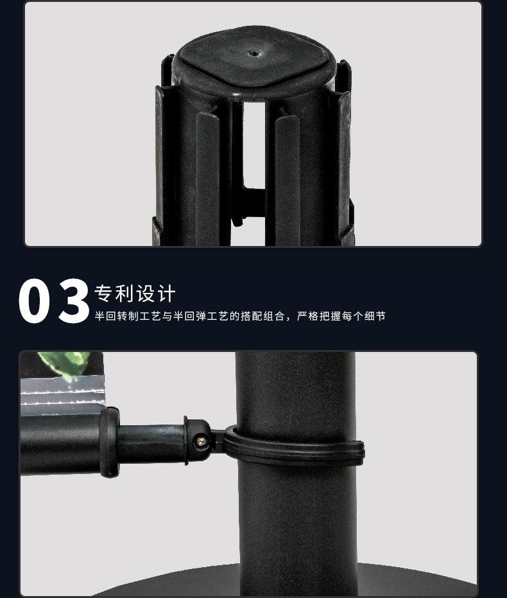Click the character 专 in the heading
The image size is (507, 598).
coord(104,294)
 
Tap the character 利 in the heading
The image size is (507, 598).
coord(125,294)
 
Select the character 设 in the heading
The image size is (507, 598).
coord(145,294)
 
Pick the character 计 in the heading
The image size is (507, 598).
coord(166,294)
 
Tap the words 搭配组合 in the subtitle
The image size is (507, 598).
coord(259,316)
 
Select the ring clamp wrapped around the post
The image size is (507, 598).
coord(295,450)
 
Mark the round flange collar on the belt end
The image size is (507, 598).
coord(109,442)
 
